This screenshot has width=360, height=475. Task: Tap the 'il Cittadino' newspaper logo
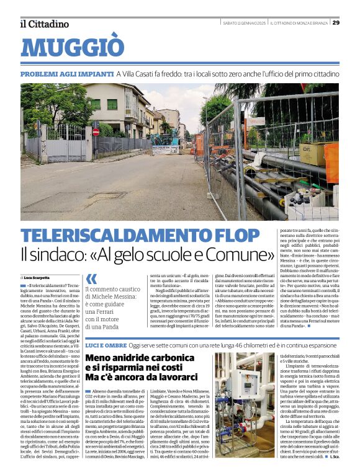[x=44, y=24]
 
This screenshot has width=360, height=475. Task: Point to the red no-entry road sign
[x=96, y=132]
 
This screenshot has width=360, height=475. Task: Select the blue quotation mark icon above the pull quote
[x=91, y=278]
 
